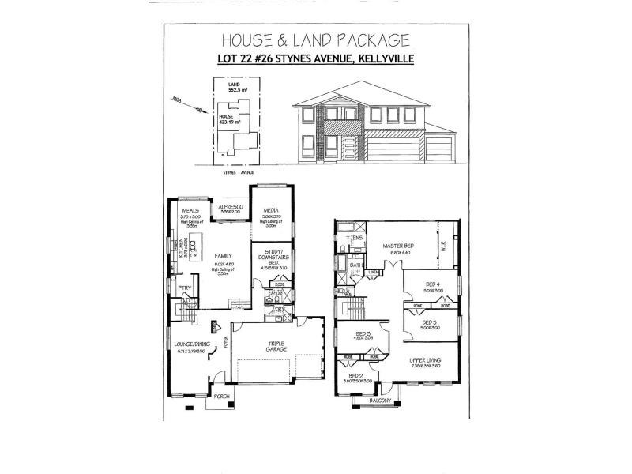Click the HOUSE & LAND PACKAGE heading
coord(314,39)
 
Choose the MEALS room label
coord(190,211)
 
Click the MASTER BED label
coord(398,246)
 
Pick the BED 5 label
coord(429,322)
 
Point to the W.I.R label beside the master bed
coord(444,244)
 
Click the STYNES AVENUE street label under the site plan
coord(239,171)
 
